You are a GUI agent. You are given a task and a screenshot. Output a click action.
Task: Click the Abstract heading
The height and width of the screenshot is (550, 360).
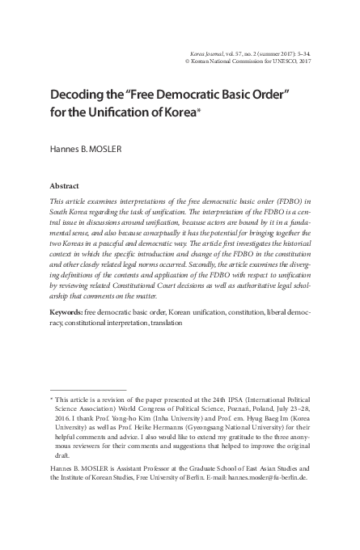tap(65, 184)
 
